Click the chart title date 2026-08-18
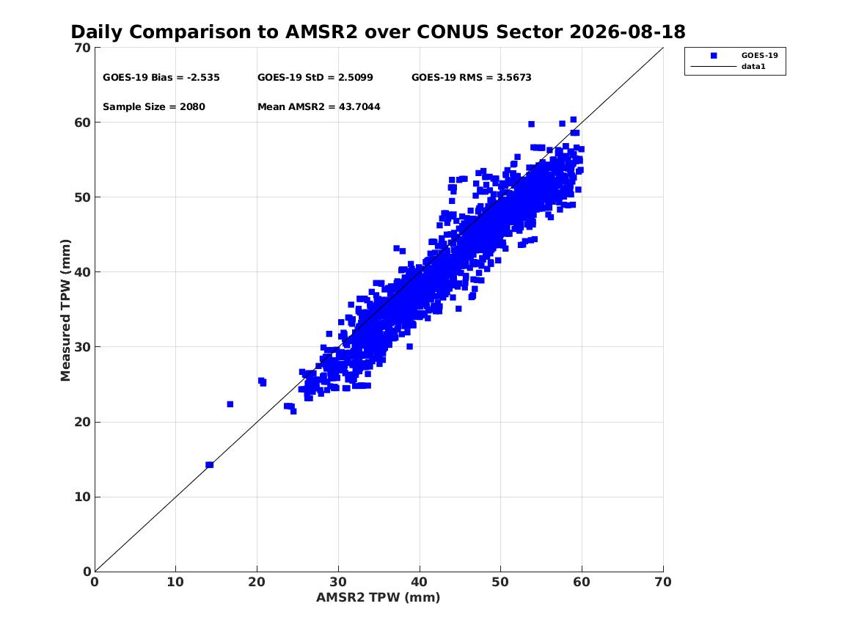627,32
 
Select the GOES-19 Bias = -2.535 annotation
161,78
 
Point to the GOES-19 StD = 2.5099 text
315,78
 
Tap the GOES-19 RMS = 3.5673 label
471,78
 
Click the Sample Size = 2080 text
154,107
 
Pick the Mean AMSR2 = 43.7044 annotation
319,107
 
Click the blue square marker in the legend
714,56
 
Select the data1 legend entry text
753,67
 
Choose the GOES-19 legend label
759,56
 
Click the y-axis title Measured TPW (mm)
65,310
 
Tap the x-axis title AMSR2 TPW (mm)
378,597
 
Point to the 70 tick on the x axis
663,583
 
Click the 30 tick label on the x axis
338,583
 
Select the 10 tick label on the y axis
83,497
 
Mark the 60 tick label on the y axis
83,123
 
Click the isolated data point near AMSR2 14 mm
209,464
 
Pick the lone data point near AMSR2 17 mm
230,404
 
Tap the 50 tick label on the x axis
500,583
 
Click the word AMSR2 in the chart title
321,32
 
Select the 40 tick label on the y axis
83,272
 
